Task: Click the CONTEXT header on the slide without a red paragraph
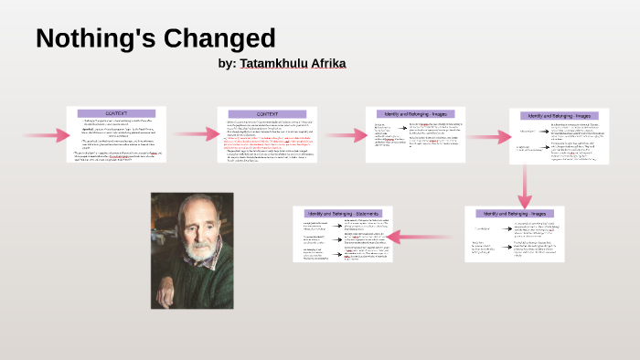116,113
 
